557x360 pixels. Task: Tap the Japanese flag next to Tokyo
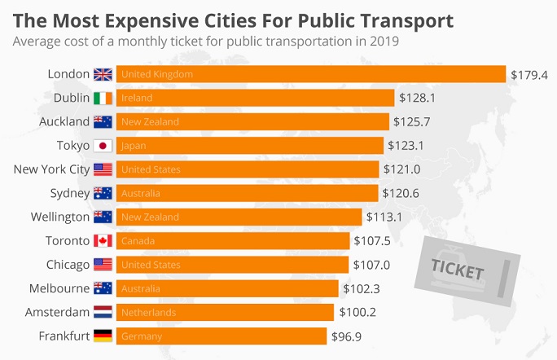pos(103,146)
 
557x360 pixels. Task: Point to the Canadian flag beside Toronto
pos(103,241)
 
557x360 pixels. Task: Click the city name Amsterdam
pos(57,312)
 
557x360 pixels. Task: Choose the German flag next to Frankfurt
pos(103,336)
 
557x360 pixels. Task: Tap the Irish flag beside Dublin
pos(103,98)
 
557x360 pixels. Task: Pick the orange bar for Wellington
pos(239,217)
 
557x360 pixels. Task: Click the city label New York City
pos(51,169)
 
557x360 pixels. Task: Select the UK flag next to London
pos(103,74)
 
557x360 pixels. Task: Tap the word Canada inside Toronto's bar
pos(138,241)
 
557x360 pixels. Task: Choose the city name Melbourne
pos(59,288)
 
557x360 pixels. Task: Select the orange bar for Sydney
pos(247,193)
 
